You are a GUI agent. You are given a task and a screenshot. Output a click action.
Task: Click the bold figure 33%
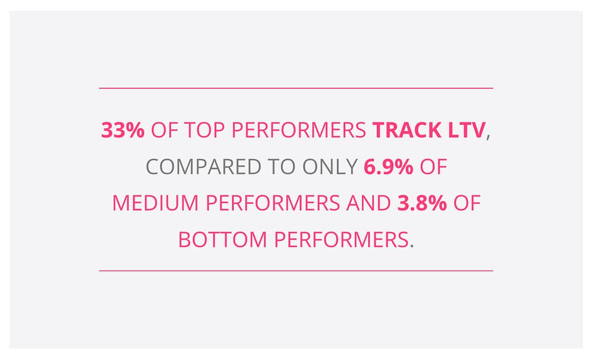point(123,130)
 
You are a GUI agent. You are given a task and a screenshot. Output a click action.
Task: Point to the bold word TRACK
point(405,130)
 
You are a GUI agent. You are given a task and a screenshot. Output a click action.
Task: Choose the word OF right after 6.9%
point(433,167)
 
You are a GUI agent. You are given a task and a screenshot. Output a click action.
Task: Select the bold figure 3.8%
point(422,203)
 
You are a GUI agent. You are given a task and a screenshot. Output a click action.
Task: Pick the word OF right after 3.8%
point(467,203)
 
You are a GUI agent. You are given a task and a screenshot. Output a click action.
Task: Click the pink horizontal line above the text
point(296,88)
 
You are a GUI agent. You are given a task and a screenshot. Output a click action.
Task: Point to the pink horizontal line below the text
point(296,271)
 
